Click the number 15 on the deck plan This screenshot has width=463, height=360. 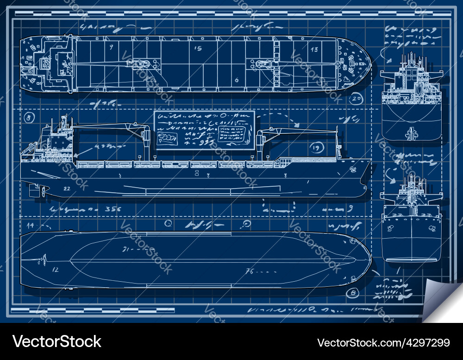[198, 48]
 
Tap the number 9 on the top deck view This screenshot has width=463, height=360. [111, 47]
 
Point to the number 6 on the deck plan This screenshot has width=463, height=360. [237, 80]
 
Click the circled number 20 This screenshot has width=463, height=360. [356, 98]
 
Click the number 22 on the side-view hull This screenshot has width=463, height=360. [67, 188]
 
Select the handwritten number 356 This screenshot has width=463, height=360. [113, 209]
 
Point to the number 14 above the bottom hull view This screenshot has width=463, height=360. [31, 225]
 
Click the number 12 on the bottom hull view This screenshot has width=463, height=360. [55, 269]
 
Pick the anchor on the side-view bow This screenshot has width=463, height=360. [353, 169]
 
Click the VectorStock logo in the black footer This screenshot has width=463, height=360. [57, 342]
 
